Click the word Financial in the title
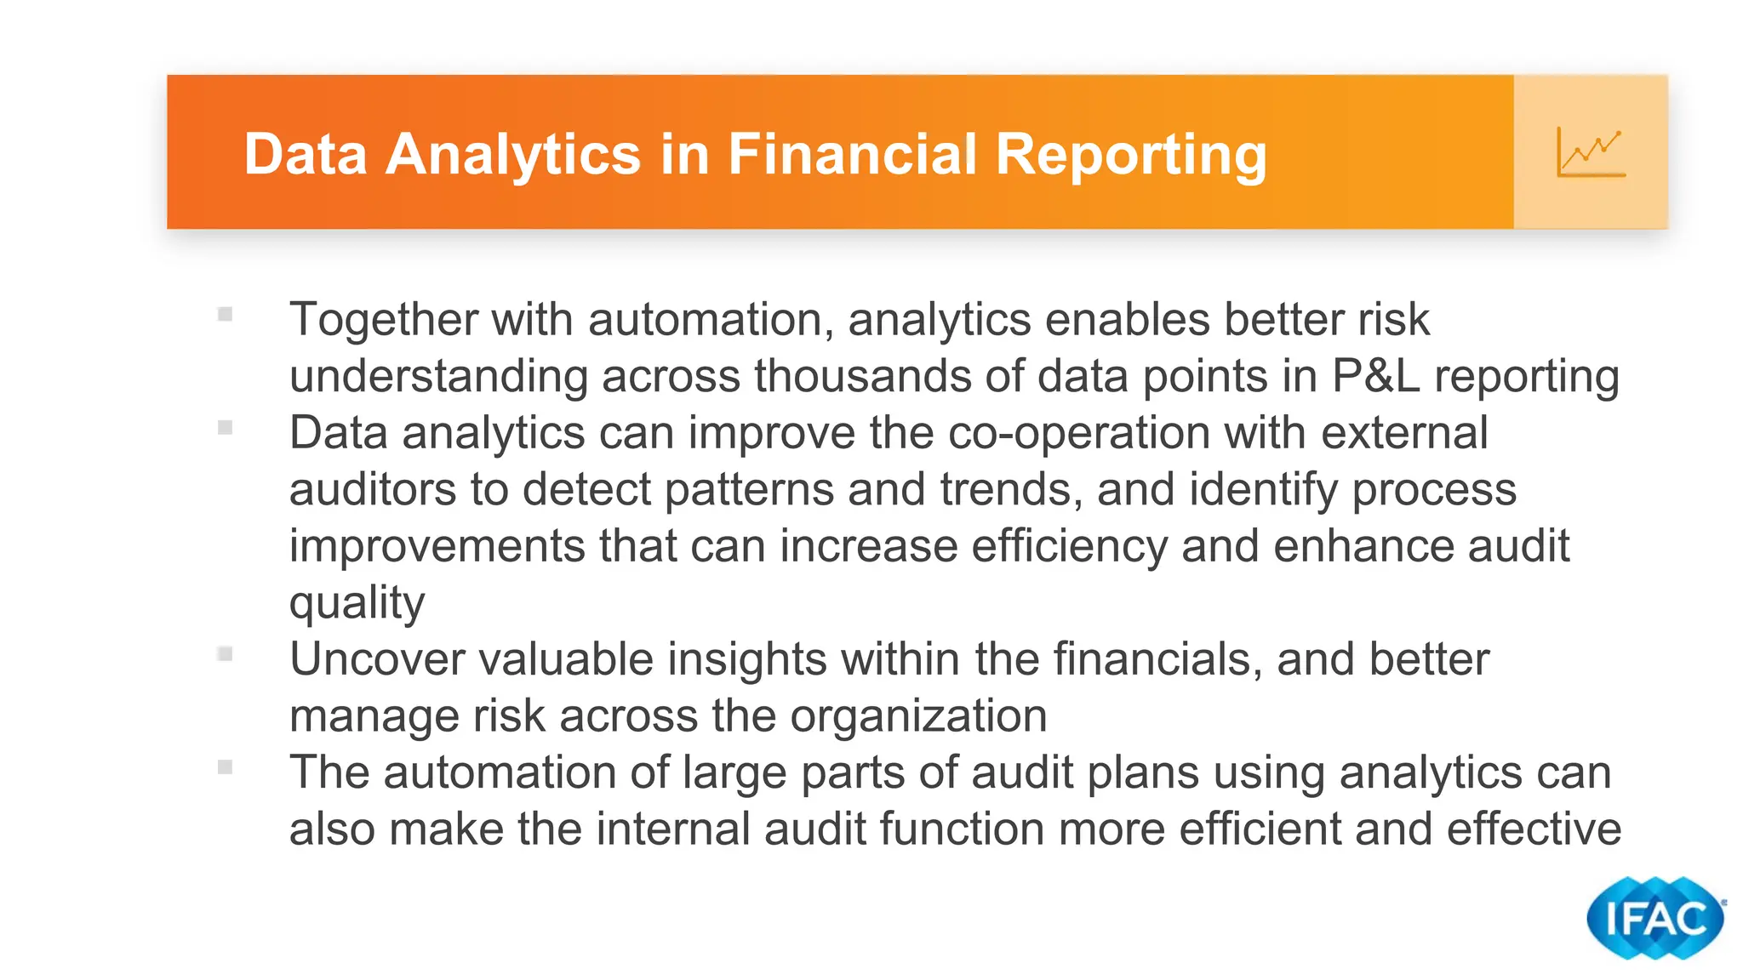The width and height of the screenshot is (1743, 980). coord(852,155)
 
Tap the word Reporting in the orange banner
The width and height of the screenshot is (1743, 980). coord(1131,155)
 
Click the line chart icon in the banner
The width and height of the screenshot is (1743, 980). coord(1591,152)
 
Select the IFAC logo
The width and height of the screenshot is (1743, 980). coord(1654,918)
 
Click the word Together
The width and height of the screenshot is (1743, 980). coord(384,321)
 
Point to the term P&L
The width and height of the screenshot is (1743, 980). coord(1376,376)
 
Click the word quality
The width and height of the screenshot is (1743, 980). coord(357,604)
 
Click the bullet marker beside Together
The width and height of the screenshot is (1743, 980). coord(225,315)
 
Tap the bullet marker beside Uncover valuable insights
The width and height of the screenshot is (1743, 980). coord(225,654)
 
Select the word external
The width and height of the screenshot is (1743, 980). coord(1404,433)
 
